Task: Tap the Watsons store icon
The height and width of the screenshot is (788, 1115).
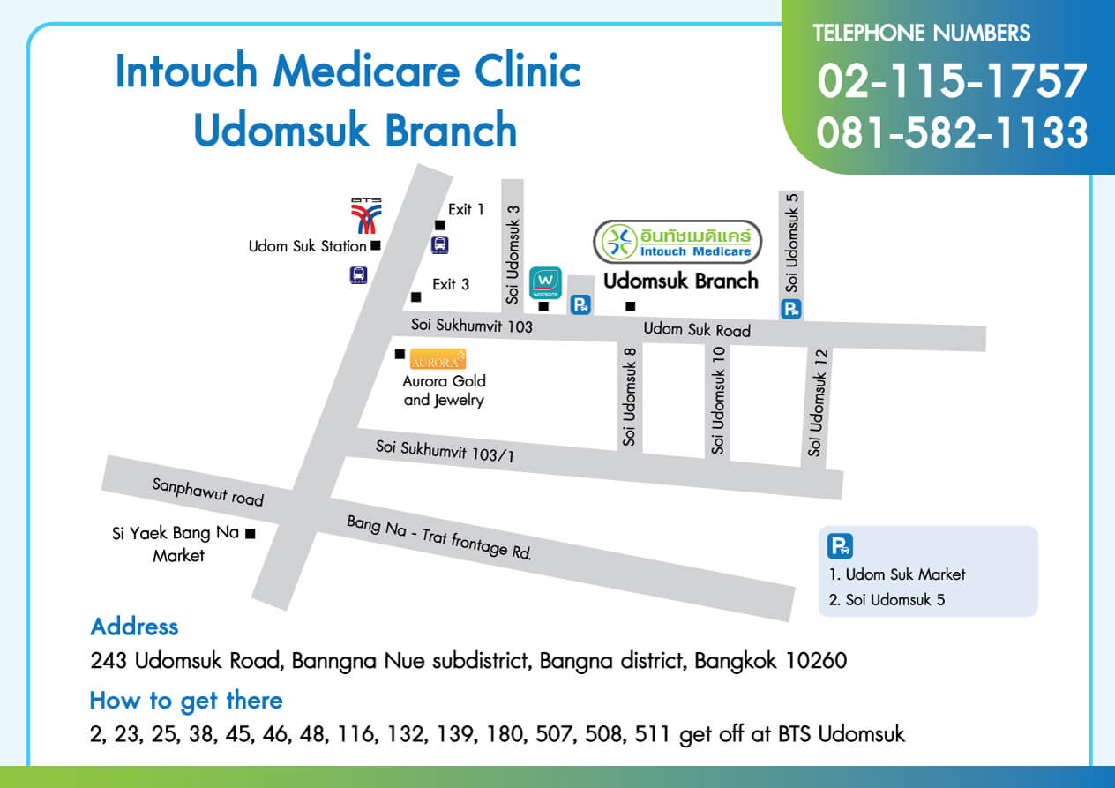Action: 544,283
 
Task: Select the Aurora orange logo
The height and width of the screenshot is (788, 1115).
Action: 438,359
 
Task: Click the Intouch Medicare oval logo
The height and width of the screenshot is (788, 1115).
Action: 677,242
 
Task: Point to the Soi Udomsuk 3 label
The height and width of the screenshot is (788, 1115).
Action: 513,254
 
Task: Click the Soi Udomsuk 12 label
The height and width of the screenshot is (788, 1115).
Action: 819,402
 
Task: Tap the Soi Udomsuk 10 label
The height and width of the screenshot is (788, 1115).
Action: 719,399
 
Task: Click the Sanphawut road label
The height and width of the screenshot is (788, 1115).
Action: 207,492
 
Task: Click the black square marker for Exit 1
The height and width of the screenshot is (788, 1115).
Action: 440,225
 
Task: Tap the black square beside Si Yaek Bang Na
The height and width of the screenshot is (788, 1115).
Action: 251,533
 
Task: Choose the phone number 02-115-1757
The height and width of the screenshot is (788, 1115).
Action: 952,81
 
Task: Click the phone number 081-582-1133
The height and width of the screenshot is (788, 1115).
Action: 952,132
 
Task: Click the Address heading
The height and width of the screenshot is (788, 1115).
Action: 134,627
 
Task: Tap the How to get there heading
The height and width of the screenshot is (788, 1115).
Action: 186,701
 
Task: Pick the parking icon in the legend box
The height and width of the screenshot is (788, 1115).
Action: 840,546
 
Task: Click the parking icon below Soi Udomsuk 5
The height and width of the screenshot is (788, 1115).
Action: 791,309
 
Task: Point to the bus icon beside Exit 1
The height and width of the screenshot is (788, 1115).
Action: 439,245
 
